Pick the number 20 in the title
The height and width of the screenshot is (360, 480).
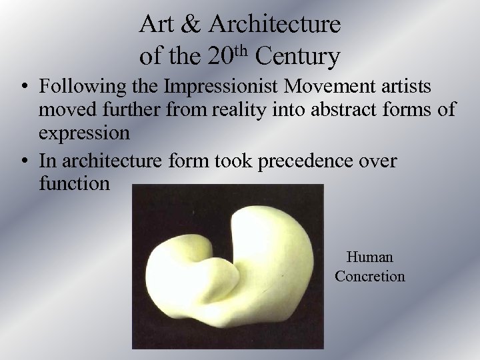tap(221, 57)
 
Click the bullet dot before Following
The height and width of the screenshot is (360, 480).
tap(24, 87)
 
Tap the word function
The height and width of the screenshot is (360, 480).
tap(73, 181)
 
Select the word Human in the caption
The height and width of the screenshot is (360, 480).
tap(370, 257)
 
